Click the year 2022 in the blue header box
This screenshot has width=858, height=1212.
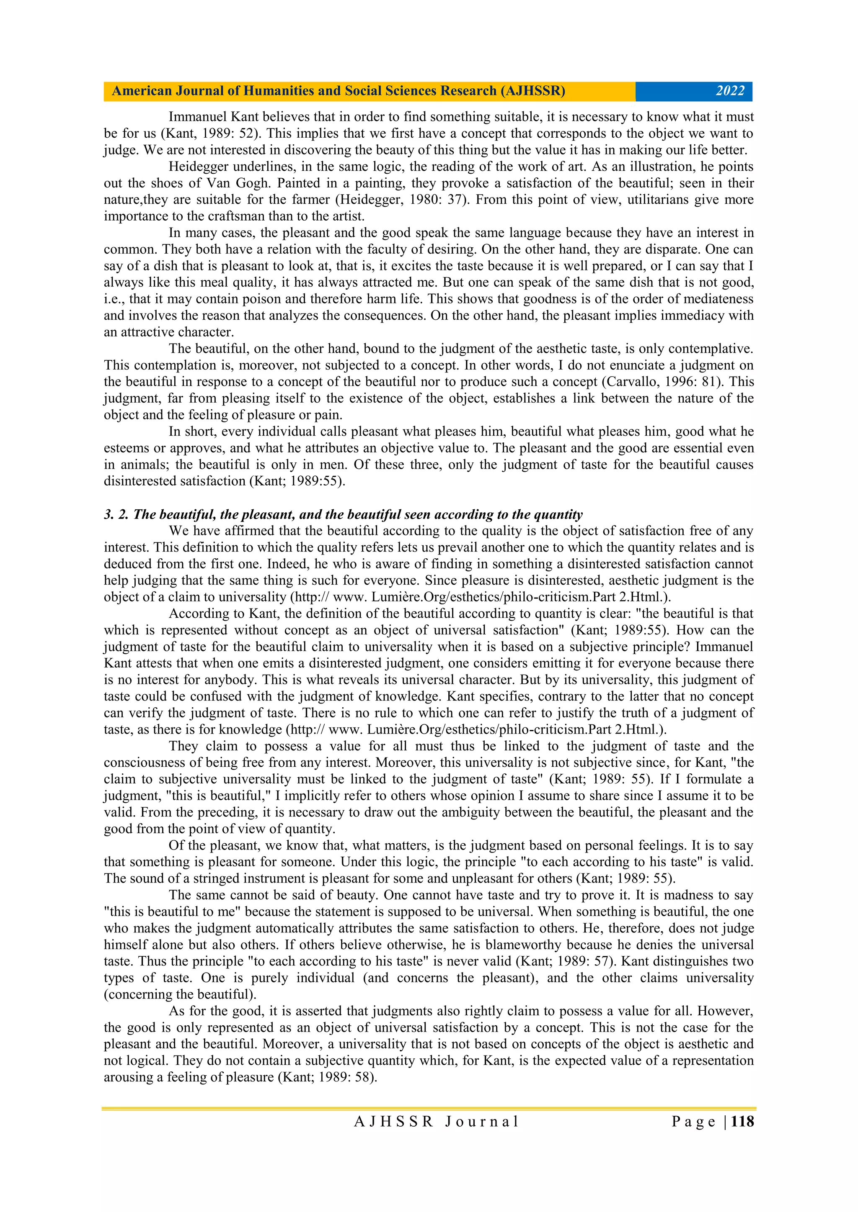click(x=730, y=91)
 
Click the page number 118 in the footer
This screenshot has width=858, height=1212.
click(x=743, y=1121)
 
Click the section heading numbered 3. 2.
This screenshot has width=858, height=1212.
click(x=344, y=514)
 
